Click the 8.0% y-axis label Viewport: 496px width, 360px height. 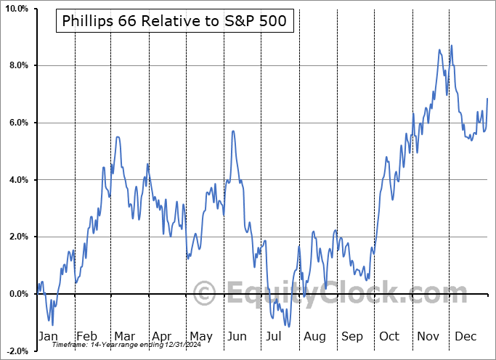(x=17, y=65)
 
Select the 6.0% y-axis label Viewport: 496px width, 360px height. (x=17, y=123)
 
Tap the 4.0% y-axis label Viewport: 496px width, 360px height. (x=17, y=179)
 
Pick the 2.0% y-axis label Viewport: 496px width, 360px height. (x=17, y=237)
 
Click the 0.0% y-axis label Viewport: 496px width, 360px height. (x=17, y=294)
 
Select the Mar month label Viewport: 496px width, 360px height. (x=123, y=336)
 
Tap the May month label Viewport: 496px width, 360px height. (x=200, y=336)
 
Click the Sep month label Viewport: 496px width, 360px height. (x=353, y=336)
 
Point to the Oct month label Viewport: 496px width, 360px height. (x=390, y=336)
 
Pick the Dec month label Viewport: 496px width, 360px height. (x=466, y=336)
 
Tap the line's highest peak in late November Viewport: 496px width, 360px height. (x=452, y=45)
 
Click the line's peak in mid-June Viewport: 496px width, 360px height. (x=232, y=131)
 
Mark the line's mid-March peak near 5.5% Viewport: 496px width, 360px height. (x=118, y=136)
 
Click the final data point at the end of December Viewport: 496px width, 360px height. (x=487, y=98)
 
